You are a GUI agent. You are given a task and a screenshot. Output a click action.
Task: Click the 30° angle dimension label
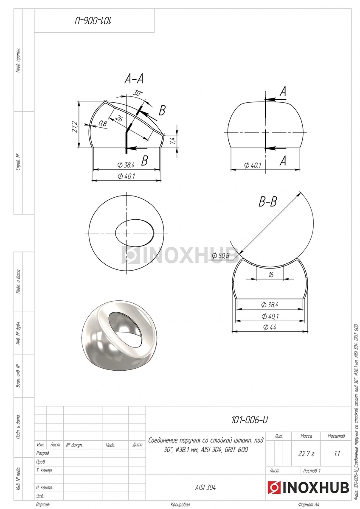(x=138, y=93)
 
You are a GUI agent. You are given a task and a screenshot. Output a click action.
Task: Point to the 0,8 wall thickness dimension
(x=103, y=123)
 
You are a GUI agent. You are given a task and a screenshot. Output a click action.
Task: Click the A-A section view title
(x=134, y=79)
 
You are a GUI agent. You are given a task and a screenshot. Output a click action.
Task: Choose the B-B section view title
(x=268, y=201)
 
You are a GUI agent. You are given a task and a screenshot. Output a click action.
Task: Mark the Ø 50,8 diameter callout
(x=221, y=256)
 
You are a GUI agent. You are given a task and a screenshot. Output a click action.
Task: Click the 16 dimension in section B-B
(x=270, y=275)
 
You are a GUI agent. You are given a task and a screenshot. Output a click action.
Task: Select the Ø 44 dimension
(x=270, y=327)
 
